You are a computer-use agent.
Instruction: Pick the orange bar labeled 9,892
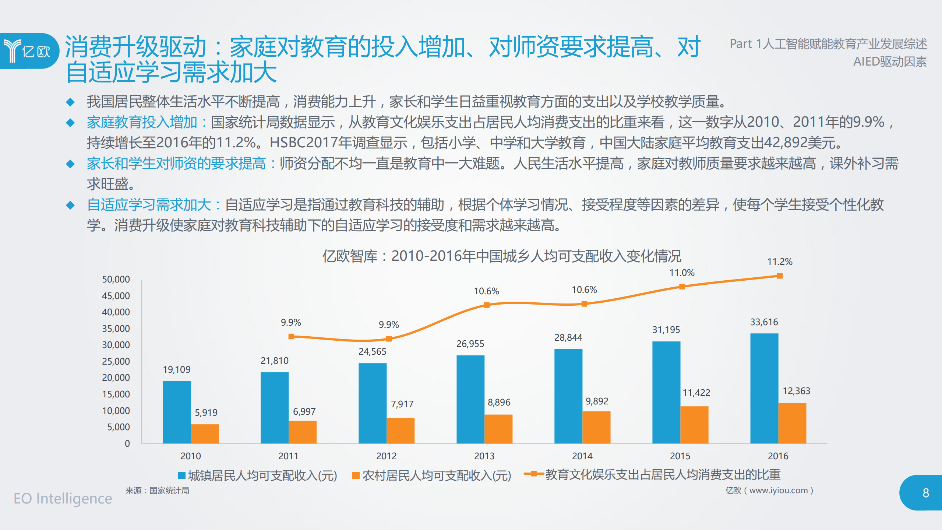tap(596, 427)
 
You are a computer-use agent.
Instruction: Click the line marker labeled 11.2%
tap(780, 276)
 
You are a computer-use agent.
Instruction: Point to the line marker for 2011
tap(291, 336)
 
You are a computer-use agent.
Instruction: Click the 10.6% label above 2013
tap(486, 291)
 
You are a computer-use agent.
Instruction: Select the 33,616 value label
tap(764, 322)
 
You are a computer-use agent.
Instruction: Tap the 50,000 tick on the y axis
tap(116, 280)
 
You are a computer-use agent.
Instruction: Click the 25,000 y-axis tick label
tap(116, 361)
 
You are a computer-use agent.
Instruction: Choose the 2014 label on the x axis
tap(582, 456)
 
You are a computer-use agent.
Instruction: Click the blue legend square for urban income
tap(181, 476)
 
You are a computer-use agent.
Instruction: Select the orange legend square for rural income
tap(356, 476)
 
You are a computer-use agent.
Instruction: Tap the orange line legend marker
tap(533, 474)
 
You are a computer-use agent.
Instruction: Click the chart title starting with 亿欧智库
tap(502, 256)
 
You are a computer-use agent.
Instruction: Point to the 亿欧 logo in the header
tap(28, 51)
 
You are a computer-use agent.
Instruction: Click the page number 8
tap(926, 493)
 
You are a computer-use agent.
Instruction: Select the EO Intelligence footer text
tap(63, 499)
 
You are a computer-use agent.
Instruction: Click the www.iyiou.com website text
tap(778, 491)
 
